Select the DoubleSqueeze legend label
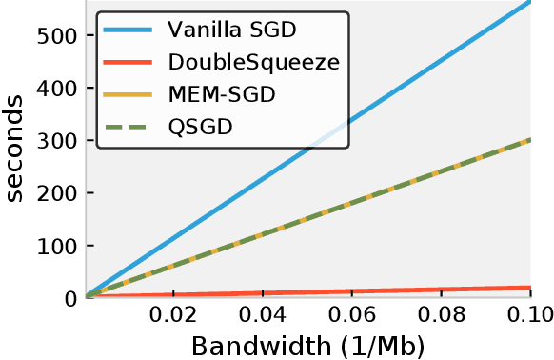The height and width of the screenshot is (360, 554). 253,63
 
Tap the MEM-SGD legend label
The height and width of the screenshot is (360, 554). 222,94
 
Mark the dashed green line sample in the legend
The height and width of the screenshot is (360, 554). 130,126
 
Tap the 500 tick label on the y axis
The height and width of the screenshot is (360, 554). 56,36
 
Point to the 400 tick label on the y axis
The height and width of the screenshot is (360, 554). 56,89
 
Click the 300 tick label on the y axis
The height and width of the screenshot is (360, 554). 56,141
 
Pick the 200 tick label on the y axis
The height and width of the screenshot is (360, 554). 56,193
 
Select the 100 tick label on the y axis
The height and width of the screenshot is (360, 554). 56,246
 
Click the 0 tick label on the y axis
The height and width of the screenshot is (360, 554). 70,298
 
